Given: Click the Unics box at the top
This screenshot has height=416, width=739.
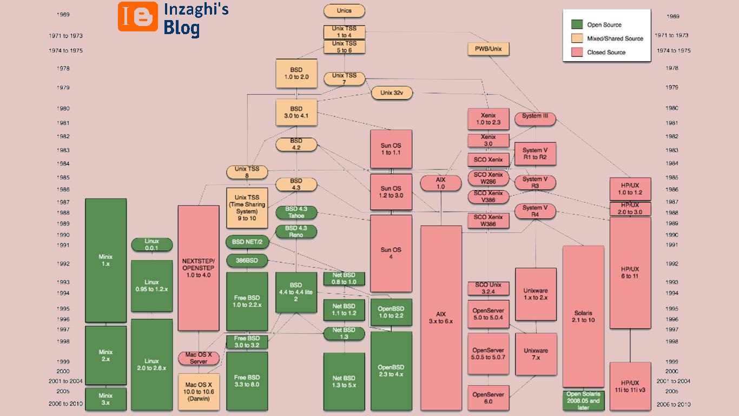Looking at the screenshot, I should click(344, 10).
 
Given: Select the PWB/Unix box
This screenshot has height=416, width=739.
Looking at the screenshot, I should click(488, 49).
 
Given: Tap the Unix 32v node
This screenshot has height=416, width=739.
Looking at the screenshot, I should click(391, 93).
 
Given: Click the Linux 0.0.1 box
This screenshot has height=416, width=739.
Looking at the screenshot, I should click(151, 244).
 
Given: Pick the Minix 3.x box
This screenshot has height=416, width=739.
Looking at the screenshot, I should click(105, 399).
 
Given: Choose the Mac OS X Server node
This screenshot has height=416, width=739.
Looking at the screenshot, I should click(199, 358).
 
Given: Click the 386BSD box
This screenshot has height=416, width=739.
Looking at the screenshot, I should click(247, 261).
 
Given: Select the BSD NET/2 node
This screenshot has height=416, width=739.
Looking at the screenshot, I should click(247, 242).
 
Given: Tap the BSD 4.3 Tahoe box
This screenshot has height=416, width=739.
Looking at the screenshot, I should click(296, 212).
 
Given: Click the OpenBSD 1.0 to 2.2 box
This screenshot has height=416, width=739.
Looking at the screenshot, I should click(391, 312).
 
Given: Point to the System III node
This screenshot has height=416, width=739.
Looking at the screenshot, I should click(535, 116).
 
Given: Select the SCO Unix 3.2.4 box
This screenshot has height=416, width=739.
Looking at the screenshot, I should click(488, 288).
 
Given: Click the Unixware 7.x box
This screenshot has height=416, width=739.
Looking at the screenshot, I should click(536, 354).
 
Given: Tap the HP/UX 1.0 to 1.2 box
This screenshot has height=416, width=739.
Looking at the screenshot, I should click(630, 188).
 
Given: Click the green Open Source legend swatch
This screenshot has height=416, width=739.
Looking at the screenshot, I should click(577, 24).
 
